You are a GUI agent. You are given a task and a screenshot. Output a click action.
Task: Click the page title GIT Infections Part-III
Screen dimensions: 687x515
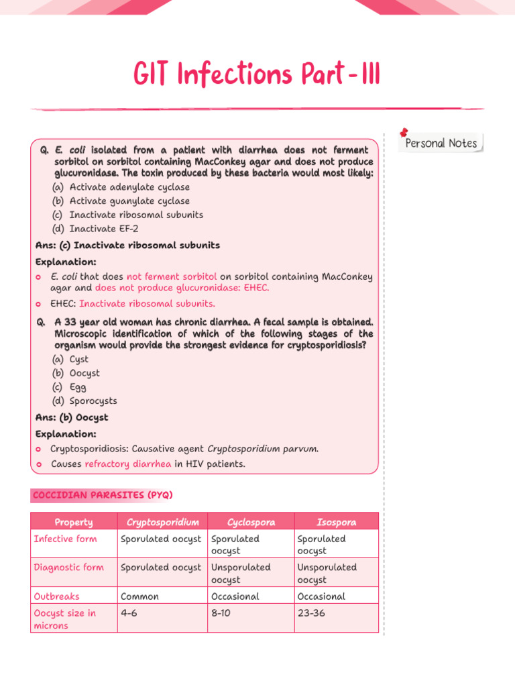click(x=257, y=74)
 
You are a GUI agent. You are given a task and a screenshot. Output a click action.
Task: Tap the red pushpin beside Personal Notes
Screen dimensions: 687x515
click(x=404, y=133)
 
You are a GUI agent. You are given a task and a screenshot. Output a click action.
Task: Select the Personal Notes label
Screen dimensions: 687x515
click(x=441, y=143)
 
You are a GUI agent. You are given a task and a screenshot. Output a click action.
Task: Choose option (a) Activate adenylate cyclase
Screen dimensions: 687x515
click(x=121, y=187)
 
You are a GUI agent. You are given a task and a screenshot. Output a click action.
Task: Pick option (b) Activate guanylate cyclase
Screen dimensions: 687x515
click(x=121, y=201)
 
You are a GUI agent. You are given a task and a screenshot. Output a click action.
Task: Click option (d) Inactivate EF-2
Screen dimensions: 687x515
click(x=95, y=229)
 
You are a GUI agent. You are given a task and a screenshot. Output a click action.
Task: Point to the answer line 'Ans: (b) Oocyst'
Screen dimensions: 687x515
click(x=72, y=417)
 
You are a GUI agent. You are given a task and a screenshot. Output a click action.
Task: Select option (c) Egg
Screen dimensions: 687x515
click(x=69, y=387)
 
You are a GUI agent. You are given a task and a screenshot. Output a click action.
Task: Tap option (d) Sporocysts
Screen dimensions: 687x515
click(x=84, y=401)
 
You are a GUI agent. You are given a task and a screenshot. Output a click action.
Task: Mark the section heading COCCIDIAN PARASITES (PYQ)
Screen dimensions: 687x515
click(x=102, y=494)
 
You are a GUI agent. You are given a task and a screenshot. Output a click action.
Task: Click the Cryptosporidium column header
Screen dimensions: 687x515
click(x=162, y=522)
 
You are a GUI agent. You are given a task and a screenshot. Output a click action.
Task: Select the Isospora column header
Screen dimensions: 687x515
click(x=336, y=522)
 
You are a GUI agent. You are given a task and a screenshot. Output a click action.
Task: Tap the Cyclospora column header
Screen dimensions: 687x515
click(x=251, y=522)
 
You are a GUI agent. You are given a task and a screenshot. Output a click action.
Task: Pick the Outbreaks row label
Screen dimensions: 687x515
click(x=56, y=596)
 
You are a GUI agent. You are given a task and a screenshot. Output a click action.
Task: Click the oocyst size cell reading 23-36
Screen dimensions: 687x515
click(x=311, y=613)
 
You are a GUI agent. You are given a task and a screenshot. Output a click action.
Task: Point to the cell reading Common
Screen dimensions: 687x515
click(x=139, y=596)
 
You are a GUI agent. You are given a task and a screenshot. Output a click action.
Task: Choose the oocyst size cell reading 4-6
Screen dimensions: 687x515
click(x=129, y=613)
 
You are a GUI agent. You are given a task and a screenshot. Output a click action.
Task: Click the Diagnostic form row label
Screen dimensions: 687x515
click(x=69, y=567)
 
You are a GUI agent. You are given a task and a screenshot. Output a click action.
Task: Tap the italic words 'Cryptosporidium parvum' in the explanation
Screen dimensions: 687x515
click(x=262, y=449)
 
